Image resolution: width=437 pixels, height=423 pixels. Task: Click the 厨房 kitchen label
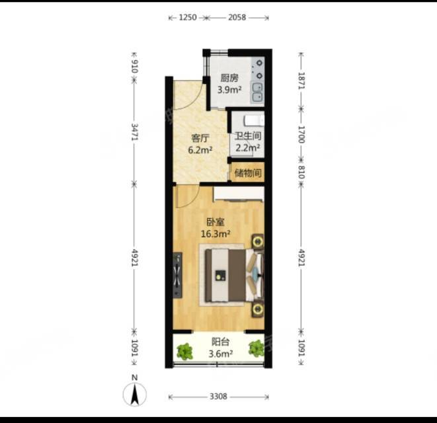[229, 78]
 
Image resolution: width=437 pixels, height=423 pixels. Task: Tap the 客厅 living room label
[200, 138]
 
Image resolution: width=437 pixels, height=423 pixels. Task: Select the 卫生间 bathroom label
[248, 136]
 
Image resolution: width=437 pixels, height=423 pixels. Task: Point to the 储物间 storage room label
[248, 173]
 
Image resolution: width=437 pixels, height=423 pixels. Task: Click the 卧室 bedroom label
[216, 222]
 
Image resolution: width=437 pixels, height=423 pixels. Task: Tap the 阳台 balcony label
[220, 342]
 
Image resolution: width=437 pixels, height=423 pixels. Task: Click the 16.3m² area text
[216, 234]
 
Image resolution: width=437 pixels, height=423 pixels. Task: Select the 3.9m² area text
[229, 90]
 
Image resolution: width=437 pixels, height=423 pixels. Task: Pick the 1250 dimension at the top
[188, 18]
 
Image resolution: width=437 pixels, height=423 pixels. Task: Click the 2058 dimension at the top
[237, 18]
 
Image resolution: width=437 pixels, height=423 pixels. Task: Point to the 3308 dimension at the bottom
[218, 397]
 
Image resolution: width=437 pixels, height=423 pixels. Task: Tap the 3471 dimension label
[134, 132]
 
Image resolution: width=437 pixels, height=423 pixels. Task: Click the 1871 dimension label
[301, 81]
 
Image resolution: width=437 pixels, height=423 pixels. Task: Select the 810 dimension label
[301, 172]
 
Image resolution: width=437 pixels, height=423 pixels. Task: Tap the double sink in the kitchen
[257, 93]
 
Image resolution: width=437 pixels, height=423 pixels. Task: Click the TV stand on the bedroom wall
[178, 275]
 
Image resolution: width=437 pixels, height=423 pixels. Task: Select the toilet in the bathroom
[254, 120]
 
